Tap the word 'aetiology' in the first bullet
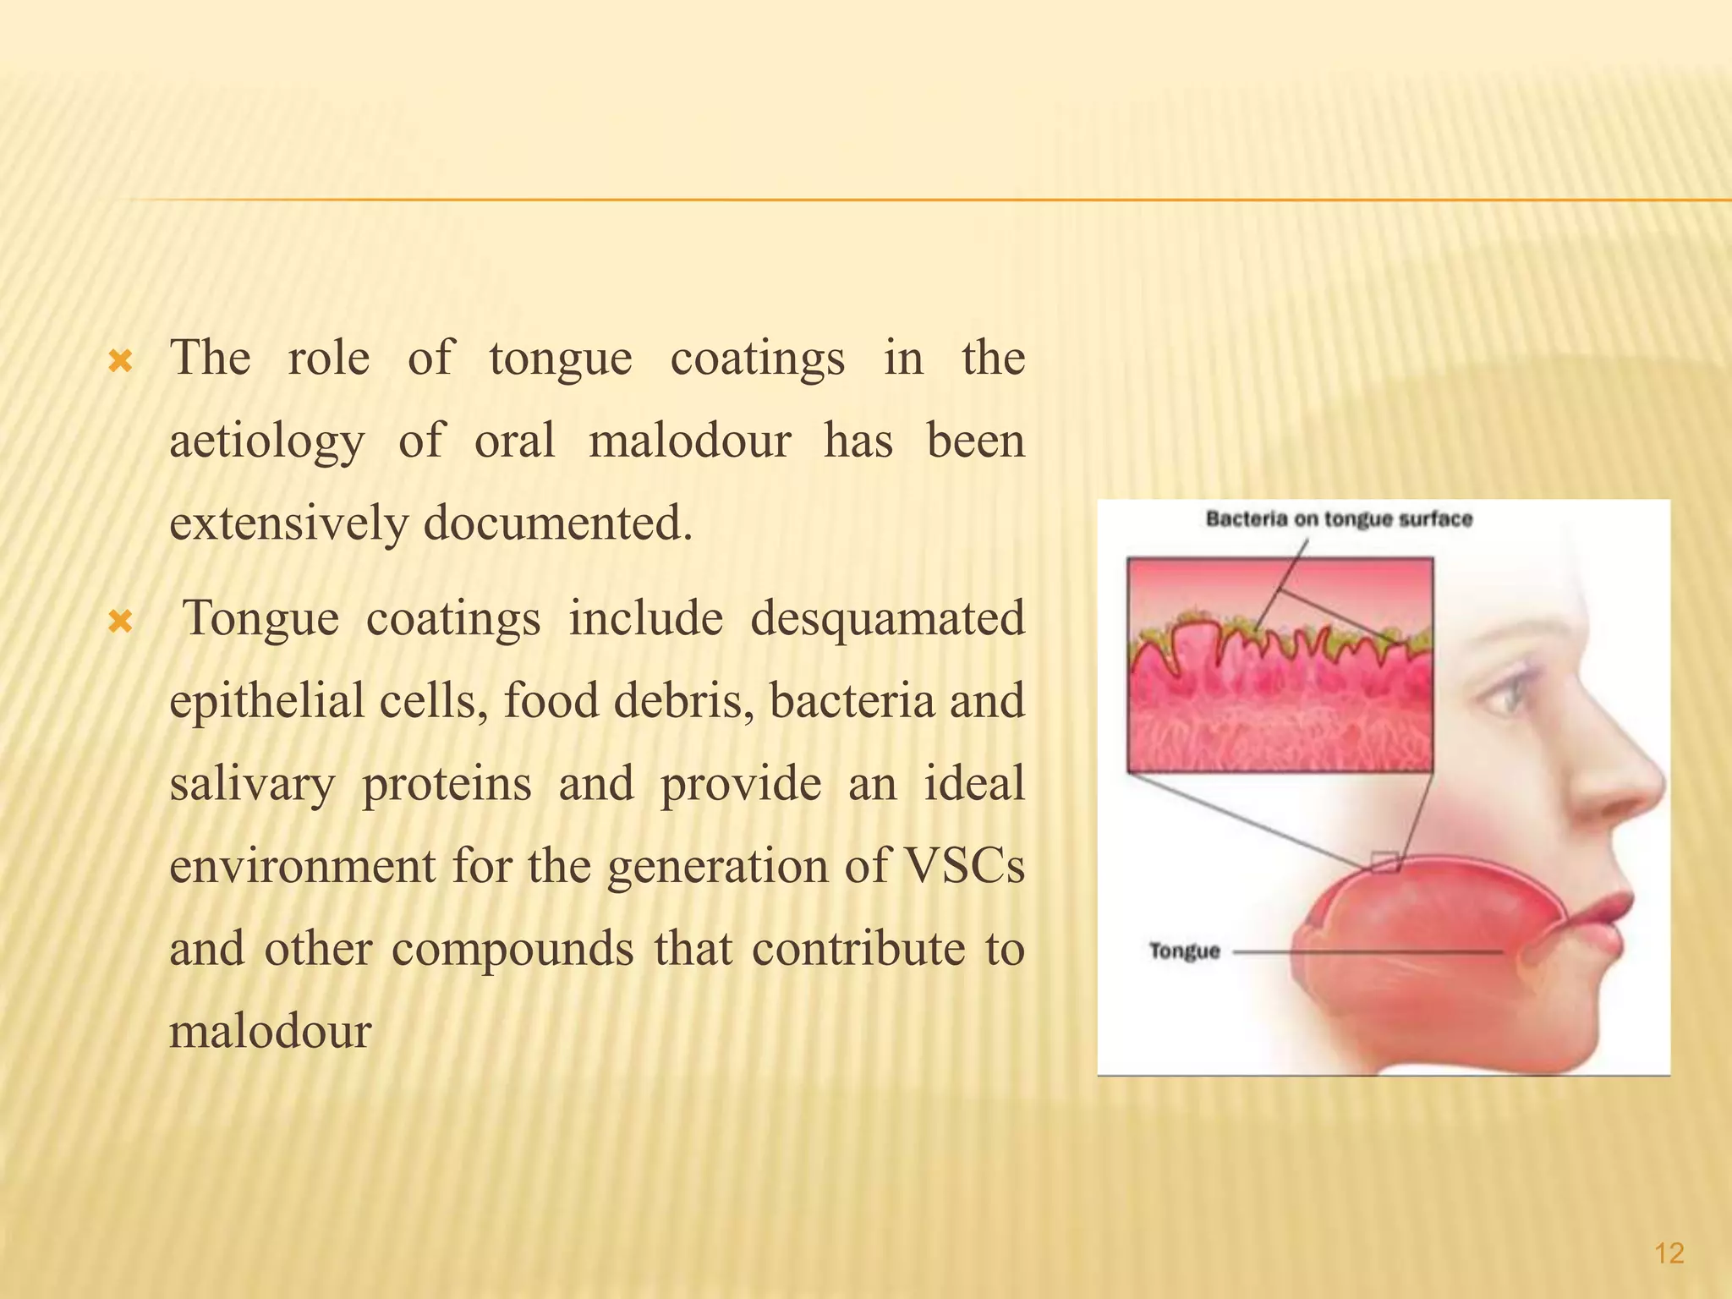[267, 441]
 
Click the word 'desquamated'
[887, 618]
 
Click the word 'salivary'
[252, 784]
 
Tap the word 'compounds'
[512, 949]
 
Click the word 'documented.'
[558, 523]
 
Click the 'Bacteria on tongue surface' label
[1339, 519]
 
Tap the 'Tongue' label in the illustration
[1184, 951]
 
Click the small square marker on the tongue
[1384, 863]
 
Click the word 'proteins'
[447, 784]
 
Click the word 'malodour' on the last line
[271, 1032]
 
